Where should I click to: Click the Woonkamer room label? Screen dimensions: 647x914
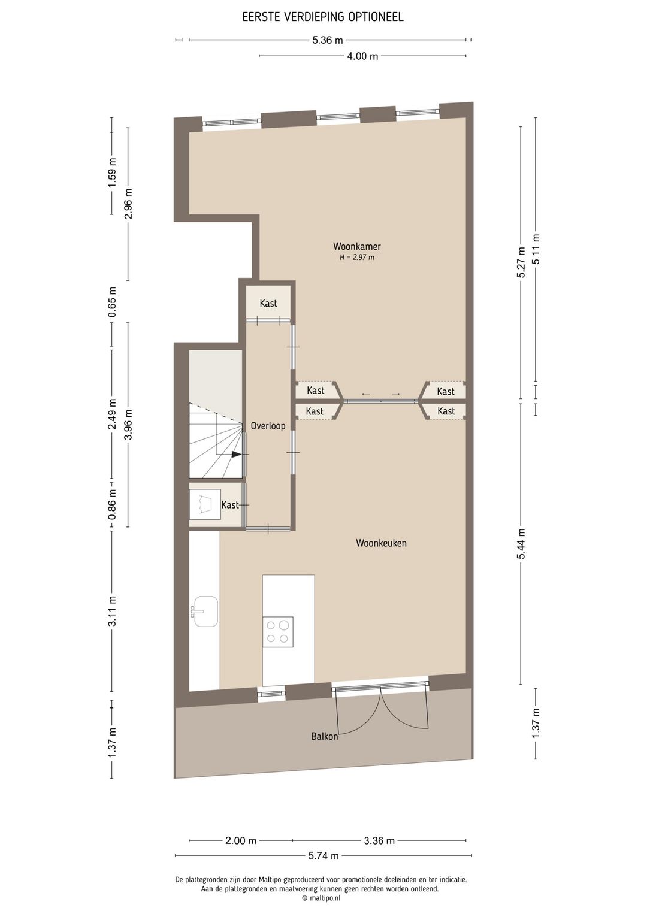[357, 246]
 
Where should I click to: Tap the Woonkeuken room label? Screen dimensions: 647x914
[381, 543]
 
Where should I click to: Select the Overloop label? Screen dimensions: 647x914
[268, 426]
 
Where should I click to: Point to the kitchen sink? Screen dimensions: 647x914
[205, 612]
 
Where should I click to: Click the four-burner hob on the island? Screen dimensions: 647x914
[277, 632]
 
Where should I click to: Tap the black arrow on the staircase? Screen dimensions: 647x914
[237, 455]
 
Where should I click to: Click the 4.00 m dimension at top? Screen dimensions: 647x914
[362, 56]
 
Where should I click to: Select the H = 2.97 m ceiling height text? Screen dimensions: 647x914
[357, 258]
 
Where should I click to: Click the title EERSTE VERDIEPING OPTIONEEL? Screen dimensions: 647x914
[323, 17]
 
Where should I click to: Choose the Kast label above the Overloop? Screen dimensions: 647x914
[268, 304]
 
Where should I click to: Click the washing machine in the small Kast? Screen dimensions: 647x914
[205, 504]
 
